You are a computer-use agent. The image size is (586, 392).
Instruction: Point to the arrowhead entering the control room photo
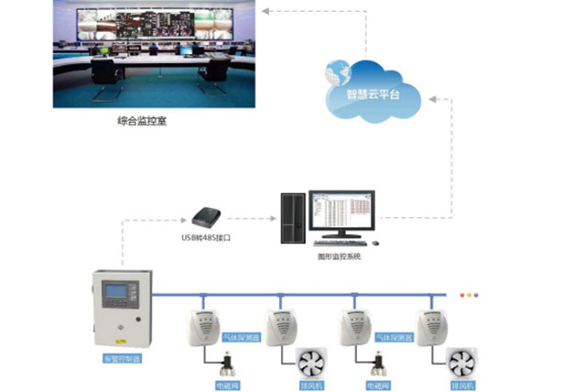point(264,10)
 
